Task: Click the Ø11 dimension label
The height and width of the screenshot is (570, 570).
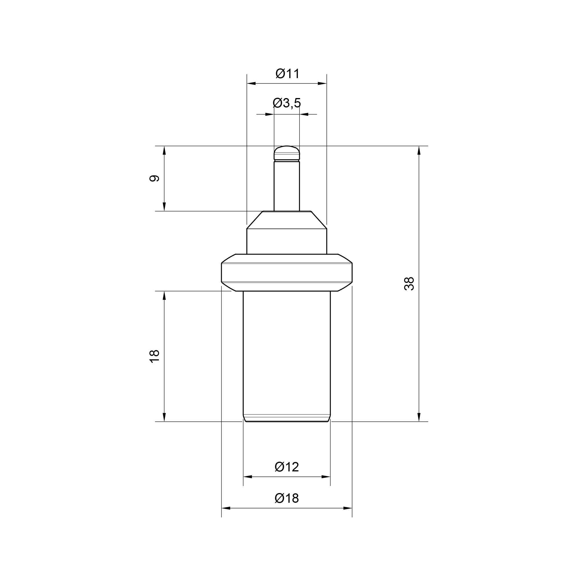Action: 288,74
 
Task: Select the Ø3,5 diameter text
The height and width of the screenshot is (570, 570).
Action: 287,103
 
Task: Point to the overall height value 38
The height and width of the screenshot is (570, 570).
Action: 409,284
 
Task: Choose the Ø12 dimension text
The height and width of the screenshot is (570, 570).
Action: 287,467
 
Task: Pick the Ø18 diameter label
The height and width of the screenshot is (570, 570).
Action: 287,498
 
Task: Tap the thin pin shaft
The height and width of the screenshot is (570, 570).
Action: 287,186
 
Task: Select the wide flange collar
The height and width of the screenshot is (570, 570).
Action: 287,273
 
